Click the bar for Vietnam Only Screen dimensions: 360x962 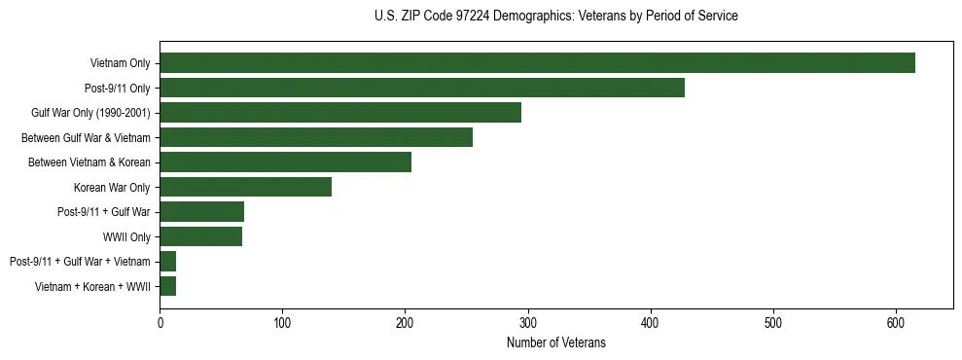click(537, 63)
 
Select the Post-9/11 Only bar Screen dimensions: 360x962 click(422, 88)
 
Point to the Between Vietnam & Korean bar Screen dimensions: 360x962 click(285, 162)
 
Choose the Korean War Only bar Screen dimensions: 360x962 click(245, 187)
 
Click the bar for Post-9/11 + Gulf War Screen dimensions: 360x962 click(201, 212)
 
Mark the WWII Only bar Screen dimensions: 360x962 click(200, 236)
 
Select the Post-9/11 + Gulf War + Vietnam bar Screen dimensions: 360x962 click(167, 262)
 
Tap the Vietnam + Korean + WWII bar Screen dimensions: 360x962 click(167, 286)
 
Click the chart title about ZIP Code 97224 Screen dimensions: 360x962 click(555, 17)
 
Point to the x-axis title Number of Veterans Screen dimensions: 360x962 click(555, 342)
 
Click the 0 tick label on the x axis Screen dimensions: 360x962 click(160, 322)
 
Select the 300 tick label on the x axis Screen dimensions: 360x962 click(528, 322)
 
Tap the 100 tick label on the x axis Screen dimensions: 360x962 click(282, 322)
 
